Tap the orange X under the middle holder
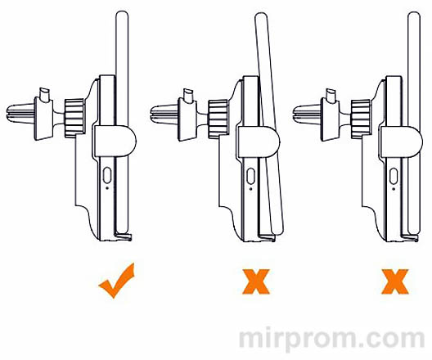(255, 281)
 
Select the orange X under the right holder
(395, 281)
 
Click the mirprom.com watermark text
(331, 340)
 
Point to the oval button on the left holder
(107, 175)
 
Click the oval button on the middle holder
(250, 176)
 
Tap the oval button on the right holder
(394, 176)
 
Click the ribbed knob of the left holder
(74, 118)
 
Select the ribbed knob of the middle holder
(218, 119)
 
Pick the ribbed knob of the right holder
(361, 119)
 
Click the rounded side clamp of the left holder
(115, 141)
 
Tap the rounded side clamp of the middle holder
(259, 142)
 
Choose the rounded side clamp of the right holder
(402, 142)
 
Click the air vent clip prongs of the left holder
(20, 112)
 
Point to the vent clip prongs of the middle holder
(164, 114)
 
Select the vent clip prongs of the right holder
(307, 114)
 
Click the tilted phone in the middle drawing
(269, 124)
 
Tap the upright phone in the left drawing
(123, 123)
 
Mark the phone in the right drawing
(414, 124)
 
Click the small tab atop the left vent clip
(45, 94)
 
